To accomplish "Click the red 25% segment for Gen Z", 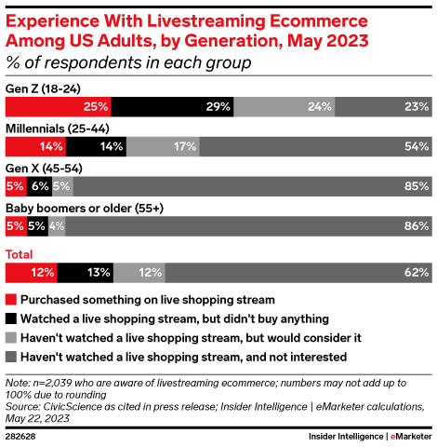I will [x=59, y=106].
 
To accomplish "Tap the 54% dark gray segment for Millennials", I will [x=315, y=146].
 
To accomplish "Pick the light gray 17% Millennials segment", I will [x=163, y=146].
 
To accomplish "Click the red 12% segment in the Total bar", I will [x=31, y=272].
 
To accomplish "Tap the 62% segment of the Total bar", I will [x=298, y=272].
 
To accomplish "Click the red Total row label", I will [x=20, y=254].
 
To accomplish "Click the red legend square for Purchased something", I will [x=10, y=299].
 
